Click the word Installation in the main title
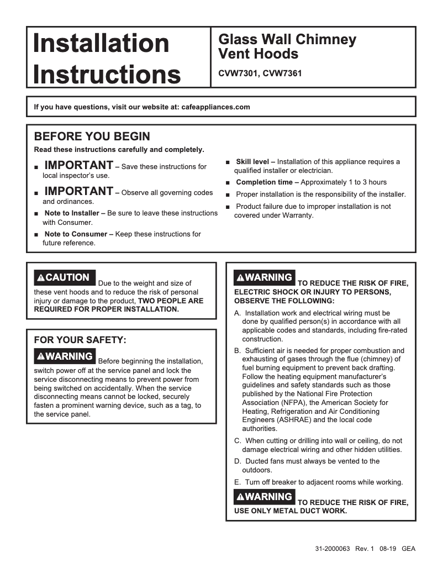coord(101,44)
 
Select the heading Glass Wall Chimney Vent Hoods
coord(287,47)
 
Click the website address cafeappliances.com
coord(215,107)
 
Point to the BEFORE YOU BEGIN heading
coord(92,136)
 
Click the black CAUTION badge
coord(65,277)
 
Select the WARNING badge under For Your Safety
coord(65,356)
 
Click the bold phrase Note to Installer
coord(75,213)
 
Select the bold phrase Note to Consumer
coord(78,234)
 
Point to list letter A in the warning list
coord(238,313)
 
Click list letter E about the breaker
coord(238,482)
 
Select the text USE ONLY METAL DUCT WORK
coord(291,511)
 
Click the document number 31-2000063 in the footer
coord(333,549)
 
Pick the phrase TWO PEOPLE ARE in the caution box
coord(171,301)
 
